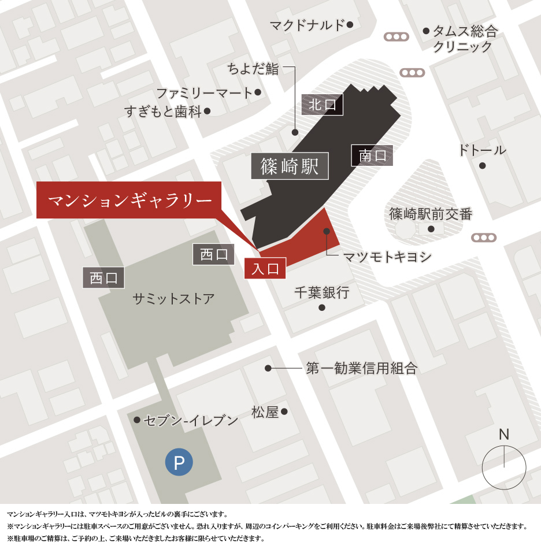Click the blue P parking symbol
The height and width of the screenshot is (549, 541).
pos(179,462)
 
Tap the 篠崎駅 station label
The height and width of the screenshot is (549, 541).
pos(290,166)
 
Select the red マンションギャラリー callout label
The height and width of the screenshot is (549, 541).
pos(129,200)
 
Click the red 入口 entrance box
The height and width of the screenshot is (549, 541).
pos(265,268)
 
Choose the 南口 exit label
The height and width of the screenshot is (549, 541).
pos(372,155)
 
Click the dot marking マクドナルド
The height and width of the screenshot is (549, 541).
pos(350,24)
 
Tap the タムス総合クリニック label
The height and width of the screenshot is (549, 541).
pos(465,39)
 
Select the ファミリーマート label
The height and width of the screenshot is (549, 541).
pos(205,92)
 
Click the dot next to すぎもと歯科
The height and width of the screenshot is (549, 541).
pos(207,111)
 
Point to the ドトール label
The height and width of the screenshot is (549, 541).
pos(482,150)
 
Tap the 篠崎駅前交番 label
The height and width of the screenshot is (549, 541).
pos(431,214)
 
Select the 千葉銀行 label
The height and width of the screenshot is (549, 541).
pos(322,293)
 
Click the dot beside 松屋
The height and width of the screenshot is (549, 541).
pos(284,412)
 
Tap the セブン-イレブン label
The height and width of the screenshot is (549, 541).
pos(191,420)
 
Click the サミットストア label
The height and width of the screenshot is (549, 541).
pos(173,299)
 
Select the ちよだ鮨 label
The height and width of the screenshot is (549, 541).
pos(253,69)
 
